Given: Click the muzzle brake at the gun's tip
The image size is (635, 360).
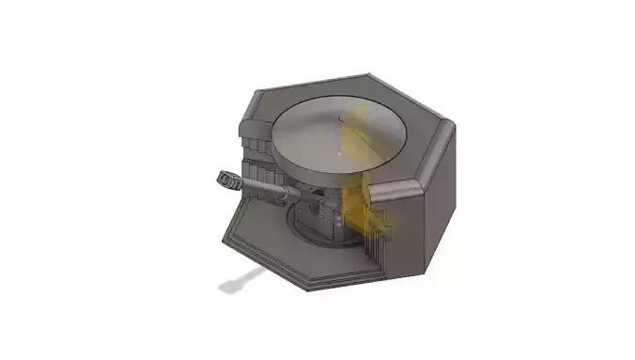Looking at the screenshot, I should click(226, 178).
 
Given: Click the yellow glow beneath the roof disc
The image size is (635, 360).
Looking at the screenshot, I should click(358, 211).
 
